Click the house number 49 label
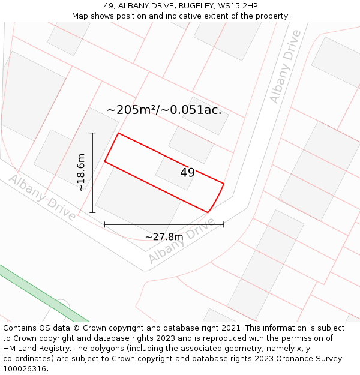click(187, 173)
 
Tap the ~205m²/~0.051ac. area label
click(164, 110)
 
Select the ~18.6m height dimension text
click(81, 173)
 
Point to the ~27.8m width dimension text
click(164, 237)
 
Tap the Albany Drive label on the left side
click(42, 197)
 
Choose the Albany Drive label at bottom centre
click(181, 241)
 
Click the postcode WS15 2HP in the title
click(238, 6)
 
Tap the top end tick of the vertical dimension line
click(92, 133)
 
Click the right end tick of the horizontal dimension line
click(224, 224)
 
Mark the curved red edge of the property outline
click(217, 198)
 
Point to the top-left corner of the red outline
click(118, 133)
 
